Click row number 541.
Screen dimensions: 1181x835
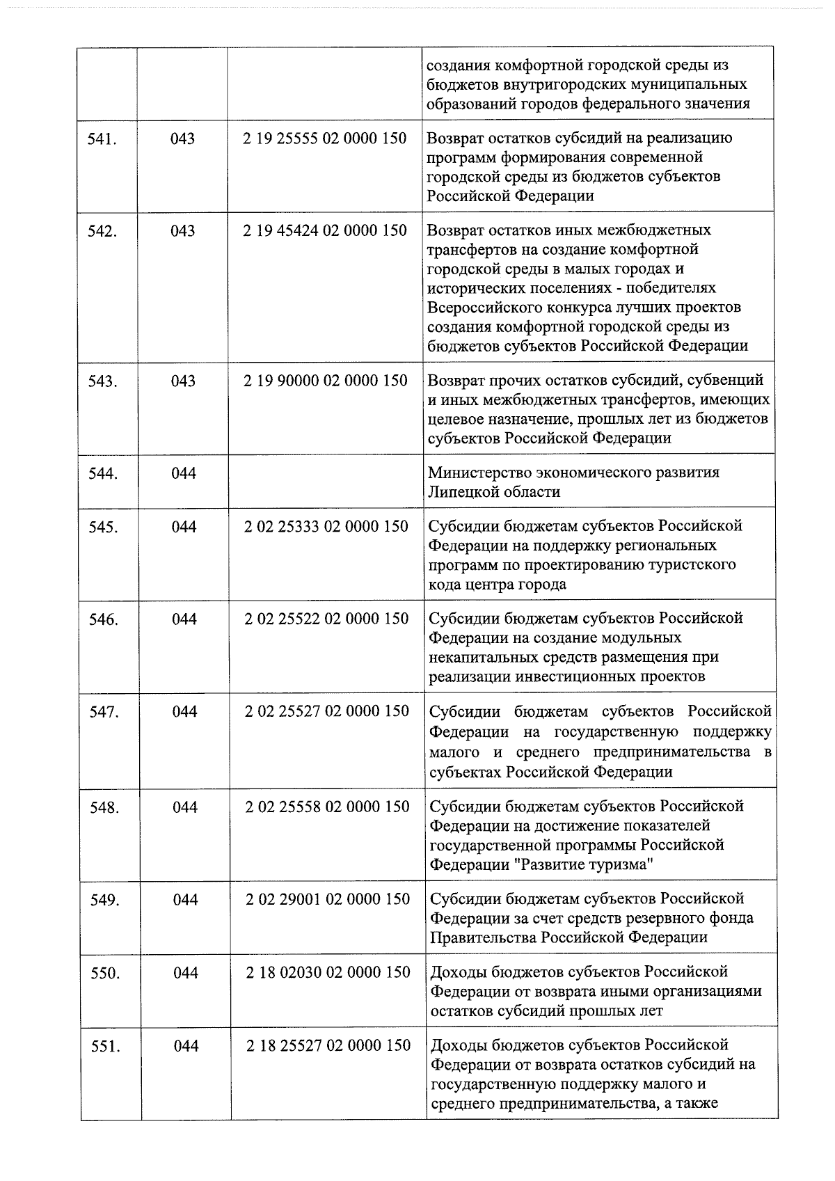102,138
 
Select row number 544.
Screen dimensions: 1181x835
103,474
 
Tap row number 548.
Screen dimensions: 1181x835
104,807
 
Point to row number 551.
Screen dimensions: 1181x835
105,1046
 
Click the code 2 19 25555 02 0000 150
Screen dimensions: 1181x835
325,138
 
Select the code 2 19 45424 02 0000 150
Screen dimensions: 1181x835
325,230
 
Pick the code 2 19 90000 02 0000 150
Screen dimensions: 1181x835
326,381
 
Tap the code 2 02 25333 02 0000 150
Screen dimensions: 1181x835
326,526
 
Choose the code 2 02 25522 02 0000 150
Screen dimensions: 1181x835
326,619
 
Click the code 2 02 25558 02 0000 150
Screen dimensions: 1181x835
327,807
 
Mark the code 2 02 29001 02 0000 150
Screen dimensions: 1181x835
328,899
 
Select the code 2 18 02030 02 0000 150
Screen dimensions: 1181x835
328,972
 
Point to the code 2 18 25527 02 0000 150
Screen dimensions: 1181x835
328,1045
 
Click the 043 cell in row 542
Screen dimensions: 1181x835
183,230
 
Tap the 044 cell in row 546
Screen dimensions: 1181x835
184,619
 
